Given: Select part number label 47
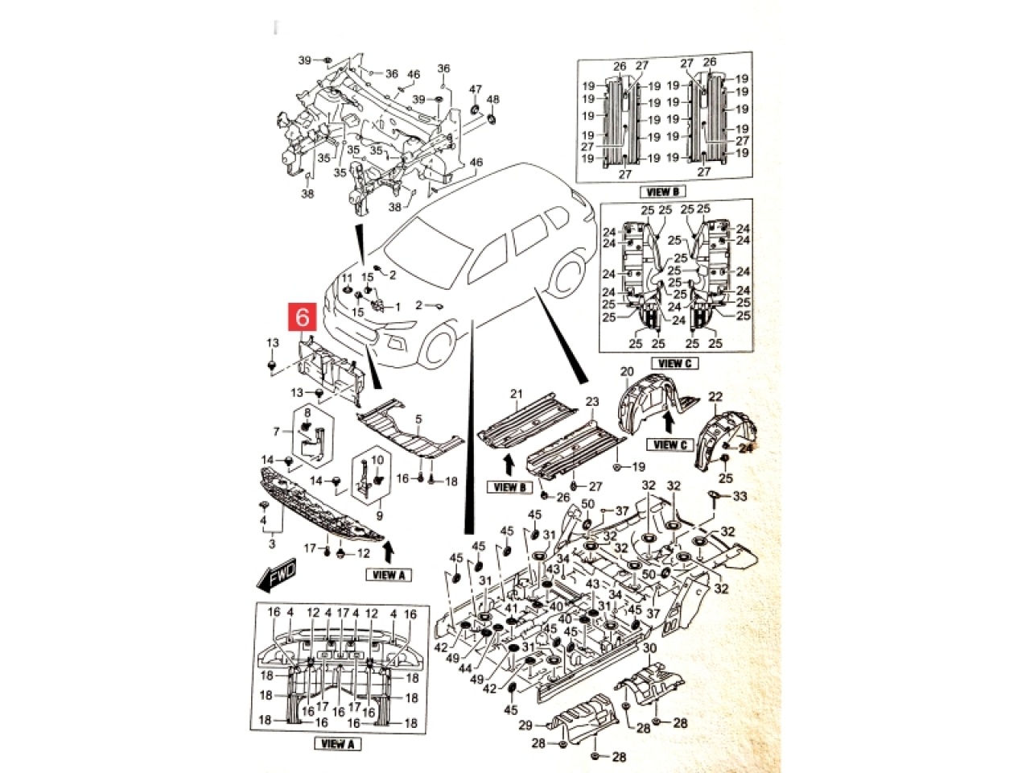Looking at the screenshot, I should click(x=476, y=89).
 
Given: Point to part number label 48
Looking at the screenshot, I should click(x=493, y=100).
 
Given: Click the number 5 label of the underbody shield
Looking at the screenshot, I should click(x=418, y=419).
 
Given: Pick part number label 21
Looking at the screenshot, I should click(x=517, y=394).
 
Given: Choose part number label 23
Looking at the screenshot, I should click(x=592, y=402).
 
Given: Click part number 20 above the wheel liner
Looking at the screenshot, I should click(x=627, y=372).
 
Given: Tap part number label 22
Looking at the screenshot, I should click(x=715, y=397).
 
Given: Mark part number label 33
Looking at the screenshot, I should click(x=740, y=497).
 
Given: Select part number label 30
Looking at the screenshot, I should click(x=650, y=649).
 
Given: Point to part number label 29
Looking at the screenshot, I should click(x=525, y=725).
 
